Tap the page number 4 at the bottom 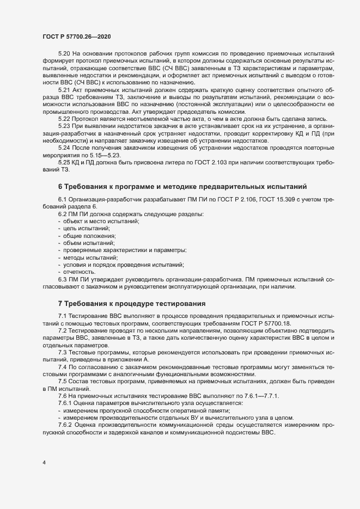pos(44,463)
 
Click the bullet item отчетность pos(81,271)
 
